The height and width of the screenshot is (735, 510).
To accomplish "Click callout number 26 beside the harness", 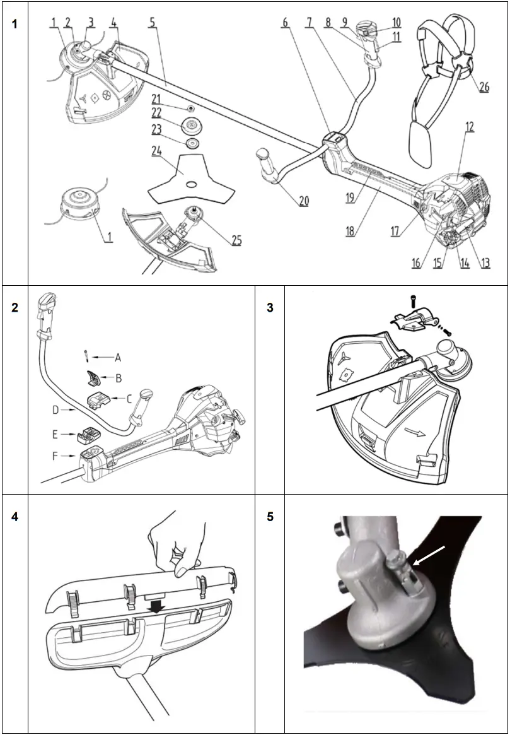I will [484, 87].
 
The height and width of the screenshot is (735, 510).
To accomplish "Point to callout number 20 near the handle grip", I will [303, 201].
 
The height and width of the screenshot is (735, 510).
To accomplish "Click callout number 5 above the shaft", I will [152, 22].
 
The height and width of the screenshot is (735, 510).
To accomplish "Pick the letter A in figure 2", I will [117, 357].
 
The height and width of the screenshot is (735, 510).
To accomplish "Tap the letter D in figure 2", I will [55, 410].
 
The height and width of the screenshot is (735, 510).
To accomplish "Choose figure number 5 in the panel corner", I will [270, 517].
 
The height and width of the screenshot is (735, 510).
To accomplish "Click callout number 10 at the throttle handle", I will [396, 23].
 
